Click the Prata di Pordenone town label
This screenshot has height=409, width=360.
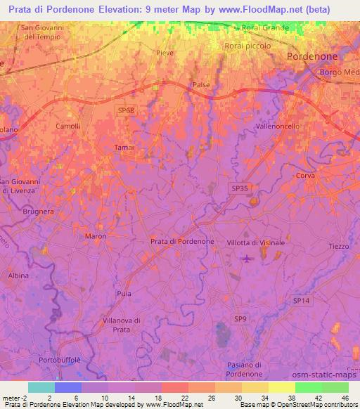(182, 241)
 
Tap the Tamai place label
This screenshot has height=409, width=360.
(124, 147)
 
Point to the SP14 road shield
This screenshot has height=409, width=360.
(301, 300)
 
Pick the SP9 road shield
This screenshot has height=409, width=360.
(240, 318)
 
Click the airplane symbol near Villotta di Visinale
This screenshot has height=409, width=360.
(246, 259)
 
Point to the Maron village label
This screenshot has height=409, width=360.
(95, 236)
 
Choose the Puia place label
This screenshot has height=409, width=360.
(124, 293)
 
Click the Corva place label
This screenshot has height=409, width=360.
(305, 176)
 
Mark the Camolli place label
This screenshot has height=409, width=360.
(68, 126)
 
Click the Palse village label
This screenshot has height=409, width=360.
(201, 85)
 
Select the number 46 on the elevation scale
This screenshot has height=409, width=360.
(344, 397)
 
